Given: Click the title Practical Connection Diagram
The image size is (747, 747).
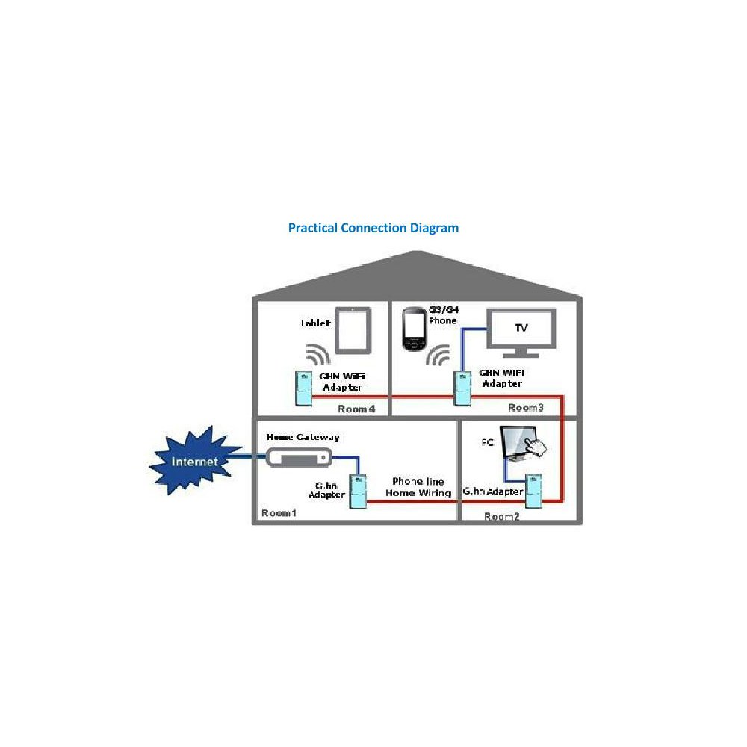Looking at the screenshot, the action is tap(373, 227).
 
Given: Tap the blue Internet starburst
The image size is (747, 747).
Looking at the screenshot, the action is tap(194, 461).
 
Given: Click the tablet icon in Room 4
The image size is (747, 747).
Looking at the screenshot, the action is tap(352, 330).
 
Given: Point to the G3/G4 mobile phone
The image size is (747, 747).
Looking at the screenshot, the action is tap(414, 329).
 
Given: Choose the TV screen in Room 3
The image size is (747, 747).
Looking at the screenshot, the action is tap(521, 329).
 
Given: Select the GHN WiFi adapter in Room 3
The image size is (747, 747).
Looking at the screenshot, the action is tap(463, 388).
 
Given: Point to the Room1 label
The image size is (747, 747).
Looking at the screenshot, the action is tap(279, 513).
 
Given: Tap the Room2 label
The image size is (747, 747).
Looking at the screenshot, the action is tap(501, 517).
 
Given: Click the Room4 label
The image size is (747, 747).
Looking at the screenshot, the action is tap(356, 409).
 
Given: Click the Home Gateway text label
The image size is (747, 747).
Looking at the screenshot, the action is tap(303, 436).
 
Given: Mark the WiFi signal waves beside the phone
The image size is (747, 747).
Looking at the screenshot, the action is tap(439, 354).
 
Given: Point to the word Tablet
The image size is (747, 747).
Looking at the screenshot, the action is tap(314, 323).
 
